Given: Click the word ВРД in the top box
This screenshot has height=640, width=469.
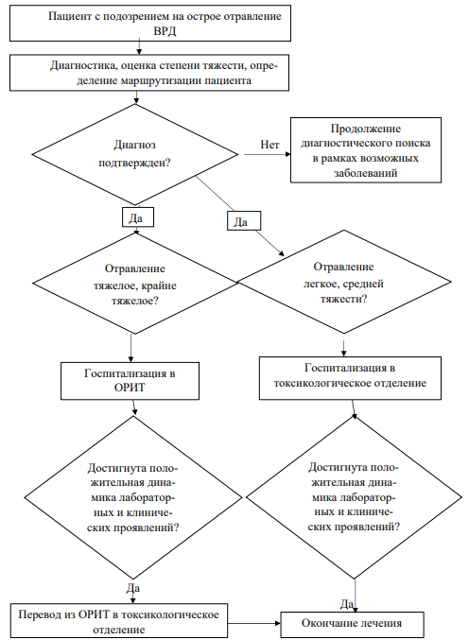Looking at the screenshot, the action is (165, 31).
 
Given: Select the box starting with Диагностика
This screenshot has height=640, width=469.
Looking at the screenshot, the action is (149, 73).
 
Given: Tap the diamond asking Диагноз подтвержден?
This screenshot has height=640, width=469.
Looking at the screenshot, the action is (135, 154).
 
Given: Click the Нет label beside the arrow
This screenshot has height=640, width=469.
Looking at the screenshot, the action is (269, 145).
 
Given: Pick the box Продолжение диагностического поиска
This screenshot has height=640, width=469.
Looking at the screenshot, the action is (366, 150).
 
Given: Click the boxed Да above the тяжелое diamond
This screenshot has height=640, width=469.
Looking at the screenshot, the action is (138, 216).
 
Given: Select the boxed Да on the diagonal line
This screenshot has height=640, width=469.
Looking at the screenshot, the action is (244, 221).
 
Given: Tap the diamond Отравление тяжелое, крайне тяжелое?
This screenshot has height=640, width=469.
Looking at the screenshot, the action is (135, 284).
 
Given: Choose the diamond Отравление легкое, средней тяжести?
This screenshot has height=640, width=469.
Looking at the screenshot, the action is (344, 282).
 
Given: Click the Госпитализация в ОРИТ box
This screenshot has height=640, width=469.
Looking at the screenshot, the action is (130, 381).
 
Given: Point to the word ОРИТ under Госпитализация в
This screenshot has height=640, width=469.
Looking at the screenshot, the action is (130, 387).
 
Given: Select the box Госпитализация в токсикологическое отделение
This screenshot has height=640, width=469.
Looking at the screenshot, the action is (350, 378).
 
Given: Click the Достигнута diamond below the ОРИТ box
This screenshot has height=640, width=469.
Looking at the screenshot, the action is (133, 497).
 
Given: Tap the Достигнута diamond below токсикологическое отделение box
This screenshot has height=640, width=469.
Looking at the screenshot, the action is (354, 497).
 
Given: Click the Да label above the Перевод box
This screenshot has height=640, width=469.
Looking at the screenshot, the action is (133, 588).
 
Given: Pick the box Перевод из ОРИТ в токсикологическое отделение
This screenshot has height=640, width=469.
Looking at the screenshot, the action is (119, 621).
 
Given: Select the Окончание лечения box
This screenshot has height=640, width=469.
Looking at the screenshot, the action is (352, 625).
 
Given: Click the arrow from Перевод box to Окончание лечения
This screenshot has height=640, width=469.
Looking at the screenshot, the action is (254, 623).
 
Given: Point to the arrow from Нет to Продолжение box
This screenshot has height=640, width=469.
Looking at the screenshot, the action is (268, 154).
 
